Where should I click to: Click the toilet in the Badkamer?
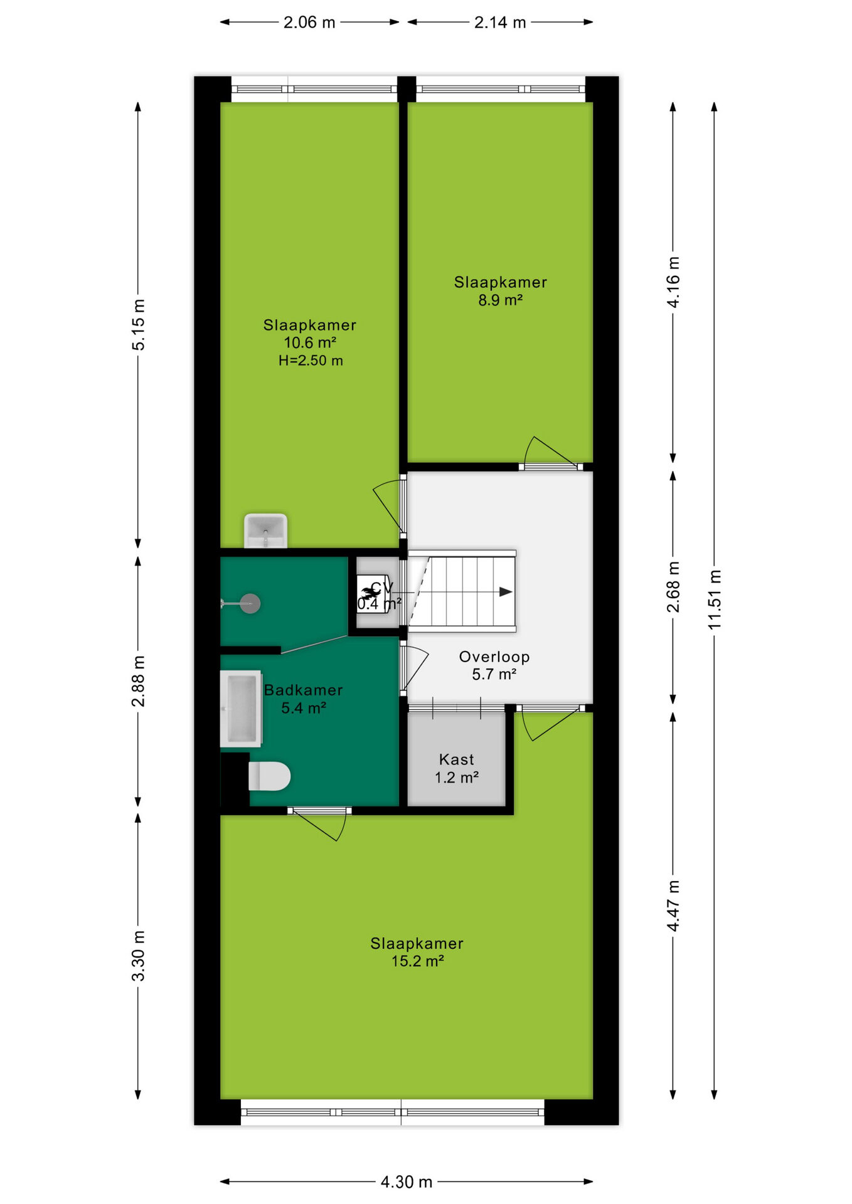point(269,776)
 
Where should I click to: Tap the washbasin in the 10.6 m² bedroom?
point(265,531)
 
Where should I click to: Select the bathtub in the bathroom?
point(241,709)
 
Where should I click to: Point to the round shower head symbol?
point(250,603)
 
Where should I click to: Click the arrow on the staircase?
point(506,591)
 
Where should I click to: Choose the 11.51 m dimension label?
point(715,599)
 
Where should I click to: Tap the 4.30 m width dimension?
point(407,1182)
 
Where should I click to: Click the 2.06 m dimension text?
point(309,23)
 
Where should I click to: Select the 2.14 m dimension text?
point(500,23)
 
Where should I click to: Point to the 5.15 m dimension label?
point(138,325)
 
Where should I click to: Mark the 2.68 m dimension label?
point(673,587)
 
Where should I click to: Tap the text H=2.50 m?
point(311,361)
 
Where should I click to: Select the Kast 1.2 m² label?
point(457,769)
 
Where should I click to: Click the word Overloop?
point(494,657)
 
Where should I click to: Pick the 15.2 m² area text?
point(418,961)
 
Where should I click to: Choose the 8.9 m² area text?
point(501,300)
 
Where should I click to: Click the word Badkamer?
point(303,690)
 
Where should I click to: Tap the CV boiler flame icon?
point(370,591)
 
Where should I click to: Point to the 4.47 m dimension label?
point(673,906)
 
